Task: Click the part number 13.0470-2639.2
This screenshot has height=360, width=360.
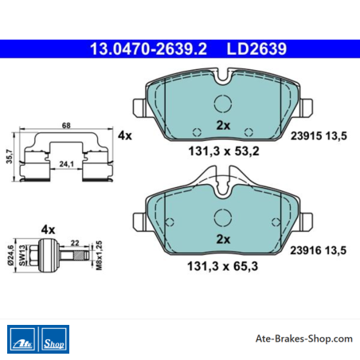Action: coord(148,49)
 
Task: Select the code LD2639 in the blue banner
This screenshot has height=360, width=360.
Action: coord(256,49)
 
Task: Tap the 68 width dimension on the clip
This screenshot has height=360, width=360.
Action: coord(66,125)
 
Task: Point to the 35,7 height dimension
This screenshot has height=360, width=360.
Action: coord(10,156)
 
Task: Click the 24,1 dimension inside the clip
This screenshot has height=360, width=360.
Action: coord(66,164)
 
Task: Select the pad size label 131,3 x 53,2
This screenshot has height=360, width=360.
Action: coord(224,151)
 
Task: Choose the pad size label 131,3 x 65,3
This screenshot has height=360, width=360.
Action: coord(222,266)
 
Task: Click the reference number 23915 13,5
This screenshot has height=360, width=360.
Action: coord(319,136)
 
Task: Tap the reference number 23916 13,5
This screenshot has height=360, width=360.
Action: coord(319,250)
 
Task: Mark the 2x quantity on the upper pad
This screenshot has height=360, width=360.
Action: coord(223,125)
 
